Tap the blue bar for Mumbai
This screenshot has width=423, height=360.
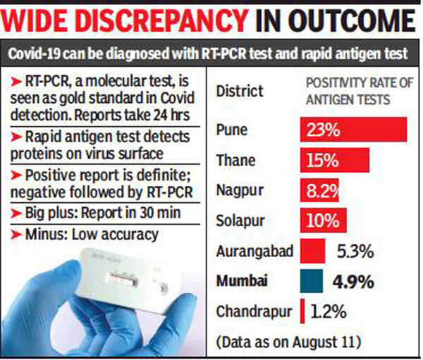312,280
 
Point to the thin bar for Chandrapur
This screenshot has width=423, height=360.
302,311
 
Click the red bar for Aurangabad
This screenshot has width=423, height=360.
312,250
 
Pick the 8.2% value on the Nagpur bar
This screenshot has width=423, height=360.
321,190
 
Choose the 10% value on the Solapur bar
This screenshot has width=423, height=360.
323,221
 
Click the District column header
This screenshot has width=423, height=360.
240,92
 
